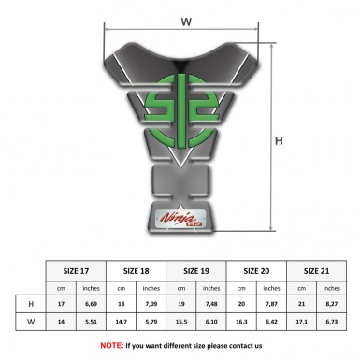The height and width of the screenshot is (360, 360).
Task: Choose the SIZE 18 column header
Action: (x=137, y=269)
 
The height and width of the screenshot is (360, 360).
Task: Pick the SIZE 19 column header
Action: (x=196, y=269)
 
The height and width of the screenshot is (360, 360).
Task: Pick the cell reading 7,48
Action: (x=211, y=303)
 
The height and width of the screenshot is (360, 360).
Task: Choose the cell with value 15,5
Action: (x=181, y=321)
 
